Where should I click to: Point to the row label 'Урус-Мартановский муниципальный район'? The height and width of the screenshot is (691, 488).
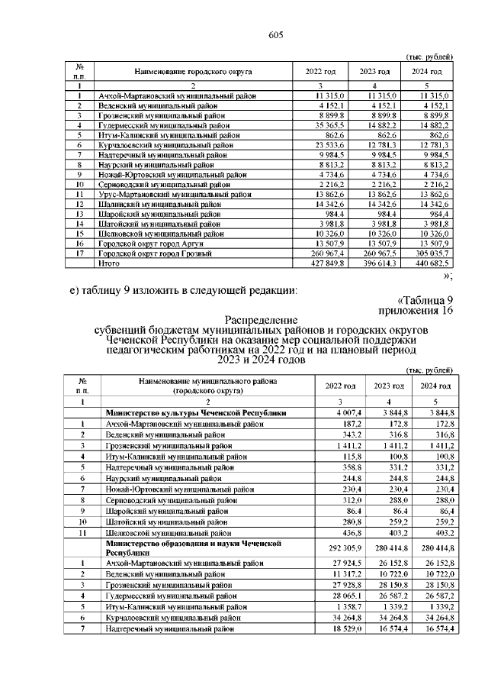(175, 195)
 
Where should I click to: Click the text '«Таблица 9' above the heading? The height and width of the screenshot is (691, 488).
(425, 299)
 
